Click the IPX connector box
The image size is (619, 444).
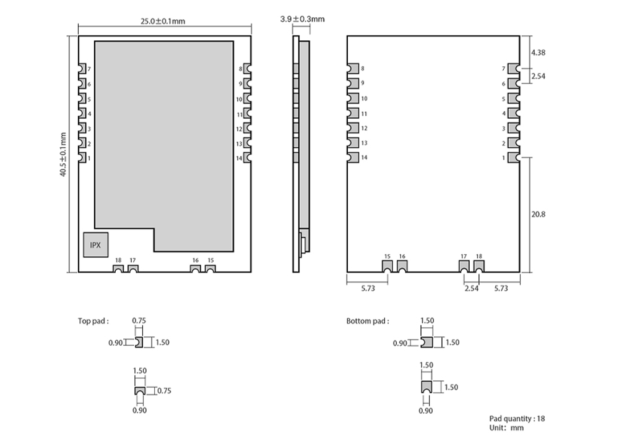tap(95, 245)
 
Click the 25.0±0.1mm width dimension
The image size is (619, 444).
tap(163, 20)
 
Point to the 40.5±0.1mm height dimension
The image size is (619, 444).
tap(63, 154)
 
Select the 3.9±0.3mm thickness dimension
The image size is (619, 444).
tap(302, 19)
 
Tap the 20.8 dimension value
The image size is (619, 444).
tap(538, 215)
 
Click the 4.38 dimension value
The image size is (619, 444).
tap(538, 53)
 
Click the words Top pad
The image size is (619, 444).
tap(93, 321)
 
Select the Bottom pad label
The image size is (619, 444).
tap(368, 321)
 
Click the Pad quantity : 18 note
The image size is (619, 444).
tap(517, 419)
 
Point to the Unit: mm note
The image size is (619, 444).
tap(506, 428)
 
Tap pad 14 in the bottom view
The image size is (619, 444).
tap(353, 158)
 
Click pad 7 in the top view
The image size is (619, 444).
tap(82, 69)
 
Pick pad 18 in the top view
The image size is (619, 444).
tap(118, 268)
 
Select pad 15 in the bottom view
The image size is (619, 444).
tap(387, 267)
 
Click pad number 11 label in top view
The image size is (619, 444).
tap(238, 114)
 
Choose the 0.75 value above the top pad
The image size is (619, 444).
tap(139, 320)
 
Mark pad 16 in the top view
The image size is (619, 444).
tap(196, 268)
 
